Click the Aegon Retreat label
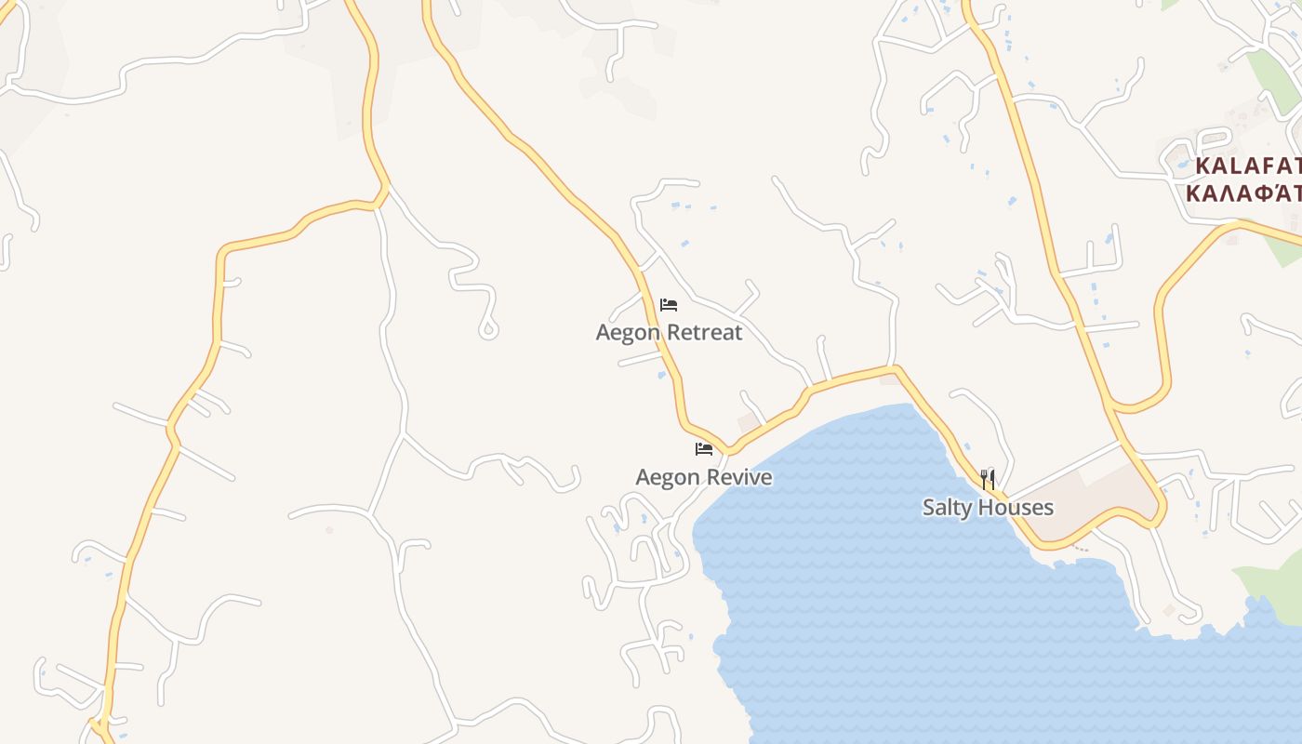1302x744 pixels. point(669,333)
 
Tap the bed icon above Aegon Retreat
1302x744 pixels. point(669,305)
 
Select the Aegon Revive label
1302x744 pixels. point(704,478)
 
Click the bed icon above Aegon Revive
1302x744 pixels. point(704,449)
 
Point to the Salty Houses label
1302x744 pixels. point(988,508)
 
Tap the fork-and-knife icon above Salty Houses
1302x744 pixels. point(988,480)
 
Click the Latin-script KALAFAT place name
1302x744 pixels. point(1247,166)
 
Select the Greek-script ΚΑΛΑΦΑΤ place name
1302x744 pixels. point(1243,193)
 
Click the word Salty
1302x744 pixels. point(947,508)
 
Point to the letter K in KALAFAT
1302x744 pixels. point(1202,166)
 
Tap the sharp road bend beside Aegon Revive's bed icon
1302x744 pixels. point(730,451)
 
